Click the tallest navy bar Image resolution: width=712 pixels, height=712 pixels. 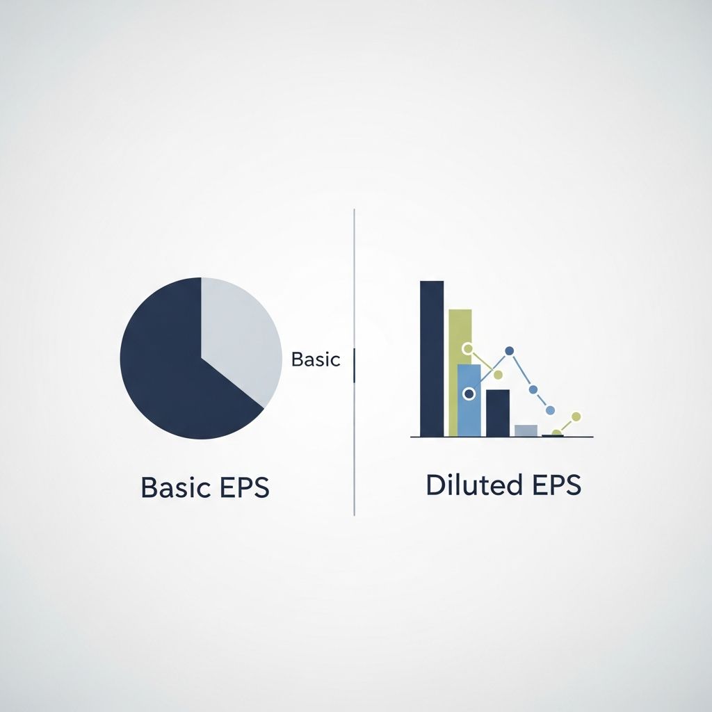tap(432, 358)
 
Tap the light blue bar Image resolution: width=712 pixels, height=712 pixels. tap(469, 414)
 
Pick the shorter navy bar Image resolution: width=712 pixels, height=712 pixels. tap(497, 413)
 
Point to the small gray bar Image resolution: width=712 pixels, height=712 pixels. tap(526, 430)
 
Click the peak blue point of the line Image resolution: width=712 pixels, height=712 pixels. tap(509, 350)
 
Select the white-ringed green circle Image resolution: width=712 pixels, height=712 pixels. tap(467, 348)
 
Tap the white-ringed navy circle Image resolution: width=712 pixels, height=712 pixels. tap(469, 394)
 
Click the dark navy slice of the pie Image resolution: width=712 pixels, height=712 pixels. tap(174, 369)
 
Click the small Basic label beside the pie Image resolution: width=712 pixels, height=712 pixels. tap(316, 359)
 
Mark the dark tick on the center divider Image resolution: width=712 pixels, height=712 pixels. tap(355, 365)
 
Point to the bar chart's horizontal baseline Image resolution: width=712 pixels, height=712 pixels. tap(501, 437)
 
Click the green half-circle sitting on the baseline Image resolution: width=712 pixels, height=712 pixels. tap(556, 433)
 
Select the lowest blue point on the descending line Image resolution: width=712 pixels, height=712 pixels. tap(551, 410)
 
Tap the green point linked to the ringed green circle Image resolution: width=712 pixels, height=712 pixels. tap(498, 375)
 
